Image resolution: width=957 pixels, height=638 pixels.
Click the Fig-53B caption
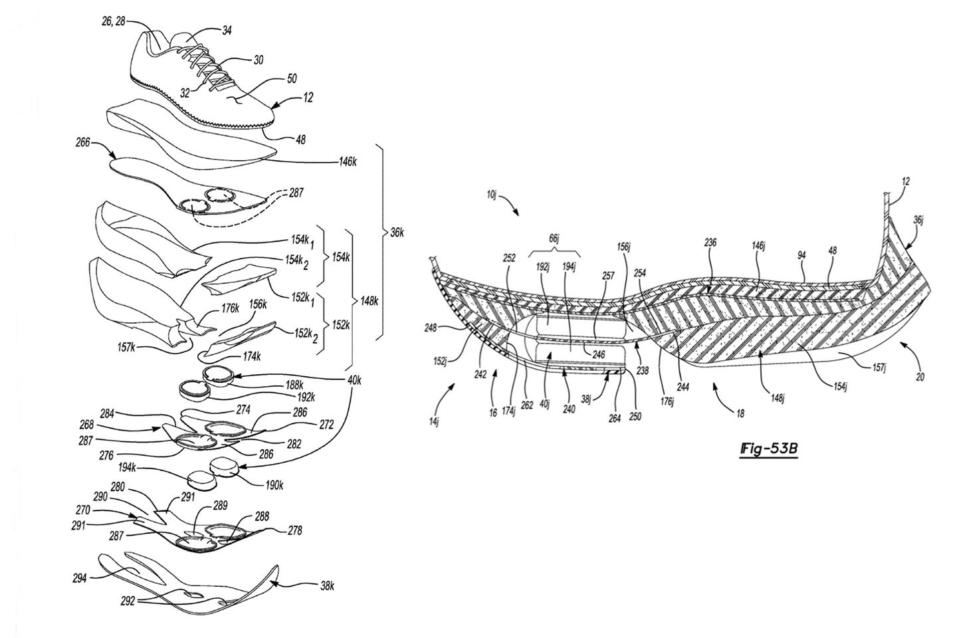769,450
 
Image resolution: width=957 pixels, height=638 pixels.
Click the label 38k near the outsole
327,586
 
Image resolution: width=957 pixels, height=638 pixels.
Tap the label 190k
273,484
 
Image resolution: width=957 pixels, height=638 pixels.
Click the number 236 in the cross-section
710,243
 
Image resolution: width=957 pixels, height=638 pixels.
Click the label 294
80,578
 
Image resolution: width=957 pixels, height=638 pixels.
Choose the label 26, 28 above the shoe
113,21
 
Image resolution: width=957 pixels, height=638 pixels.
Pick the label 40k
354,380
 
